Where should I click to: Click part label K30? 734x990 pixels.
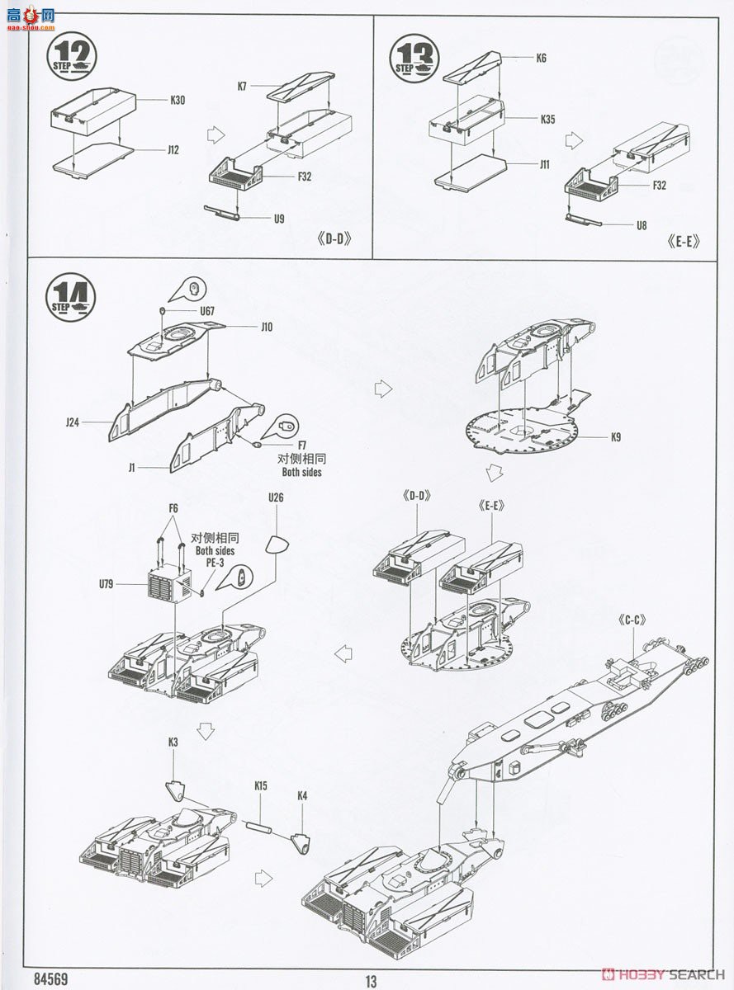(x=178, y=100)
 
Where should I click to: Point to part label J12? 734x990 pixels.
(x=173, y=150)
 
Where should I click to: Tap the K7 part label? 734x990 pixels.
(x=243, y=86)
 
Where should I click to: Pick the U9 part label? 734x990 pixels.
(x=279, y=219)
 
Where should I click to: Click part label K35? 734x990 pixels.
(x=547, y=119)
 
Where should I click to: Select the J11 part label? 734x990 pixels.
(x=544, y=164)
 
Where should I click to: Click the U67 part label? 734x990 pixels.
(x=206, y=312)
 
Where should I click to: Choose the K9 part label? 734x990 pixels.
(x=616, y=437)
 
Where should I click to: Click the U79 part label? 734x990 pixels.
(x=105, y=584)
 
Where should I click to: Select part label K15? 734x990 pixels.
(x=261, y=786)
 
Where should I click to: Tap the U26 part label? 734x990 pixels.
(x=276, y=497)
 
